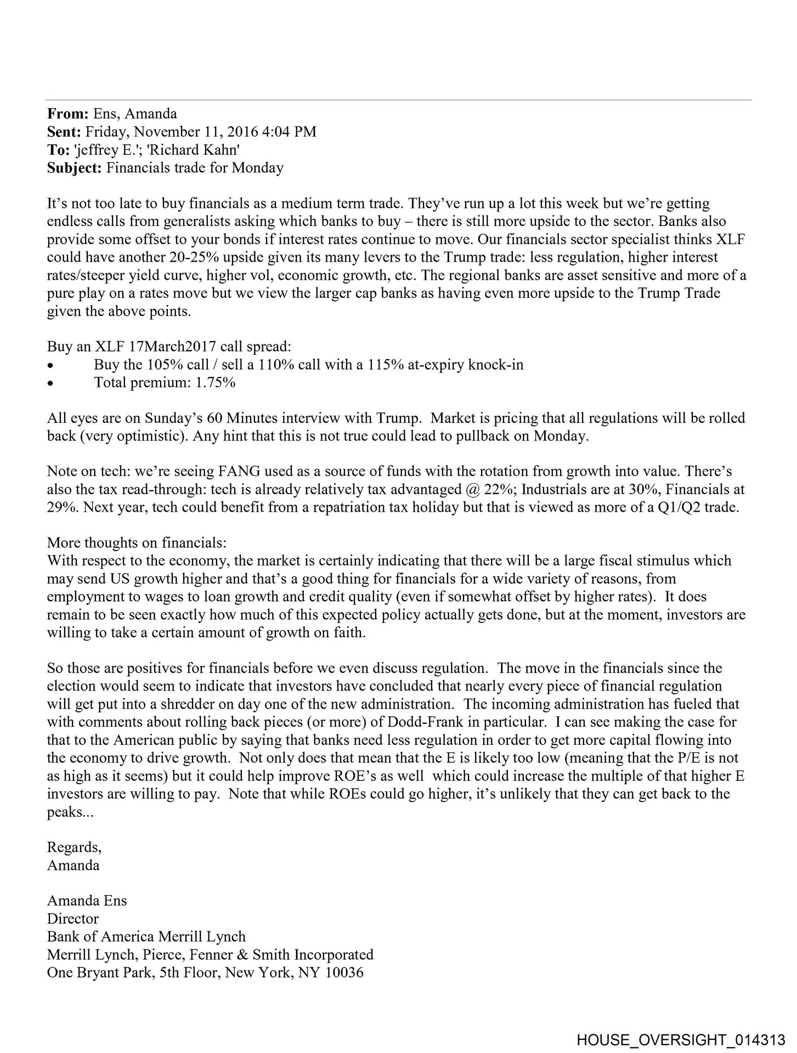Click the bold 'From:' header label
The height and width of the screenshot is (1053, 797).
(67, 114)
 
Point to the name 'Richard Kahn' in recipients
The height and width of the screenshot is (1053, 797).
(205, 150)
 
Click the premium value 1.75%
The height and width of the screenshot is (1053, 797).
(215, 382)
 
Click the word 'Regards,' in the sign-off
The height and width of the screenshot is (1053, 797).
(74, 847)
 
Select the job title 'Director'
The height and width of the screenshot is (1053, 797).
(73, 919)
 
